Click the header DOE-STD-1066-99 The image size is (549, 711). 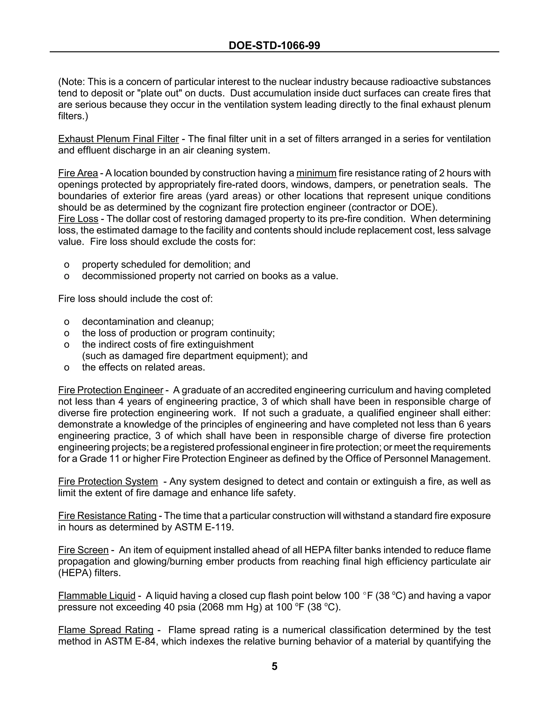(x=274, y=45)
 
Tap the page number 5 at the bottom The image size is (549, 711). (x=274, y=666)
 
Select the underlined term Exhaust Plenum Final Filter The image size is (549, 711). (x=118, y=139)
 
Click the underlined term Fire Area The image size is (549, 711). (x=78, y=173)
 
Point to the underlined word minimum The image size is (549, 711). (x=316, y=173)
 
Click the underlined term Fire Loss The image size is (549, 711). (x=78, y=219)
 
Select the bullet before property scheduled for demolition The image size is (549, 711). (x=67, y=265)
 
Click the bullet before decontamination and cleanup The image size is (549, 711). (x=67, y=322)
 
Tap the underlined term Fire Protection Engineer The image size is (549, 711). (x=111, y=390)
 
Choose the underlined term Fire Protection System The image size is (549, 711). (x=108, y=482)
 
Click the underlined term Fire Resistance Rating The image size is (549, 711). (x=107, y=516)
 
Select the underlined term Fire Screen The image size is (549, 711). (x=83, y=550)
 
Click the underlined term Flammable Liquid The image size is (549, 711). (x=97, y=596)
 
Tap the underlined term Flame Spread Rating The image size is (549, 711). (x=106, y=630)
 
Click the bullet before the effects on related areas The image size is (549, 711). (x=67, y=368)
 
